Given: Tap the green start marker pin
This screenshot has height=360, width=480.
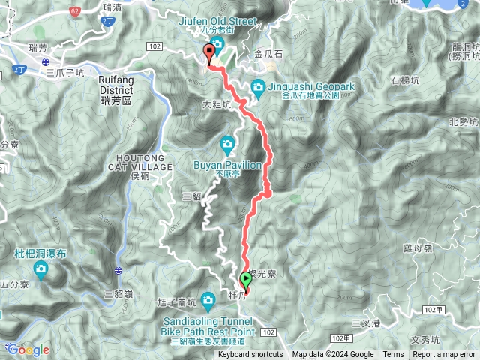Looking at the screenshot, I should point(245,281).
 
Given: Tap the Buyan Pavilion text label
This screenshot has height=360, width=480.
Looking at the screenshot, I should point(228,166).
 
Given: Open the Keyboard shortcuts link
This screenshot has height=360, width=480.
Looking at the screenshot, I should point(250,355).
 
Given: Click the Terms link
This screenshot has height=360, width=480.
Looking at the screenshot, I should point(393,355).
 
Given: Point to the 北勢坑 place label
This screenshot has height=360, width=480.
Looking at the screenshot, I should point(463,121).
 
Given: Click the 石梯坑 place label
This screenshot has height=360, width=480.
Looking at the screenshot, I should point(406,79).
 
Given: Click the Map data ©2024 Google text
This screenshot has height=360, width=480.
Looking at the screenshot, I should point(333,355).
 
